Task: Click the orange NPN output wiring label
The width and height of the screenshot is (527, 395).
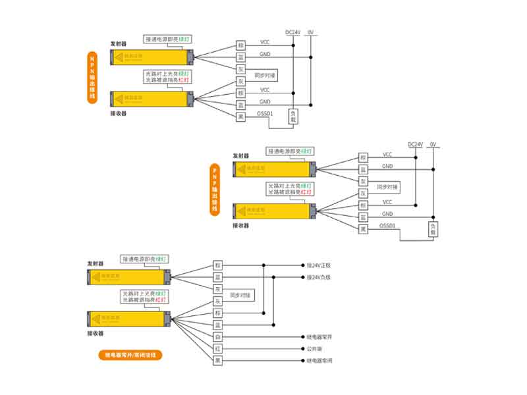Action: coord(92,77)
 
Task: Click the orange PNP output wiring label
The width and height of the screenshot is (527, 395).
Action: coord(214,188)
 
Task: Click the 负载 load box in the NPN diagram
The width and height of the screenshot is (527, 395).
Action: coord(293,116)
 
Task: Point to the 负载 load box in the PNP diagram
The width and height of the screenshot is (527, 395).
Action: coord(432,230)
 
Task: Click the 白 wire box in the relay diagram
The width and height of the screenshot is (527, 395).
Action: coord(217,337)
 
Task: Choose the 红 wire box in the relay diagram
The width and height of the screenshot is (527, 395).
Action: coord(217,349)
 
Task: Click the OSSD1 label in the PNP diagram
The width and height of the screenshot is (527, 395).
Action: coord(387,226)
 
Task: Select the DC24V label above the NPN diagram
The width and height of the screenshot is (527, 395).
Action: coord(292,31)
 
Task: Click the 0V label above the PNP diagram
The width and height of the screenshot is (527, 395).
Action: coord(433,144)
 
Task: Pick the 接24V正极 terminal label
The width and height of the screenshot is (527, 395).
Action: coord(319,265)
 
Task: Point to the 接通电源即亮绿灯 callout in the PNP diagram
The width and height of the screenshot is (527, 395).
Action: coord(291,151)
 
